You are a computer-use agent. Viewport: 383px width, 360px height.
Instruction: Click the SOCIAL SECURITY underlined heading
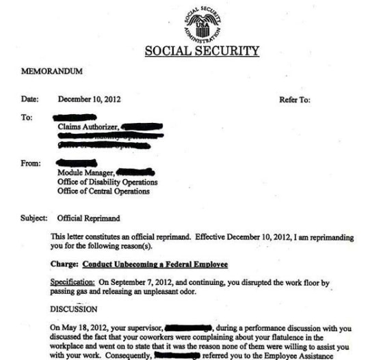click(202, 51)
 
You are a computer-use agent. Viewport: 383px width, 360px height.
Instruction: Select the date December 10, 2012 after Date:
click(90, 100)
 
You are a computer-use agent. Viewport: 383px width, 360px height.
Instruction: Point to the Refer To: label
click(295, 100)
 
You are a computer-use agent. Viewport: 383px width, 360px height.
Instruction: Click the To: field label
click(28, 117)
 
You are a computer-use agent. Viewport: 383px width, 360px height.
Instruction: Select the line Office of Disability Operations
click(108, 182)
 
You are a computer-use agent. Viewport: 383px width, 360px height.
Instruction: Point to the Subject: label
click(34, 219)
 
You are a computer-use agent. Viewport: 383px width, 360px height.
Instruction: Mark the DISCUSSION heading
click(74, 308)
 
